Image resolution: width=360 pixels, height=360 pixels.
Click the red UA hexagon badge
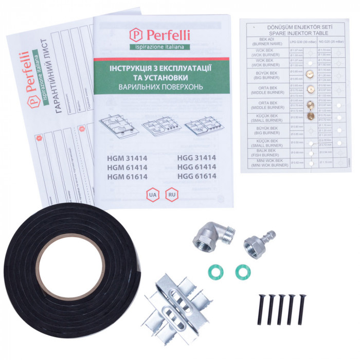152,195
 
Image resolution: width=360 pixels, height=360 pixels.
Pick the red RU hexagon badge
171,195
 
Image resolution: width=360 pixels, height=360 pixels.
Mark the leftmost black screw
259,309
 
